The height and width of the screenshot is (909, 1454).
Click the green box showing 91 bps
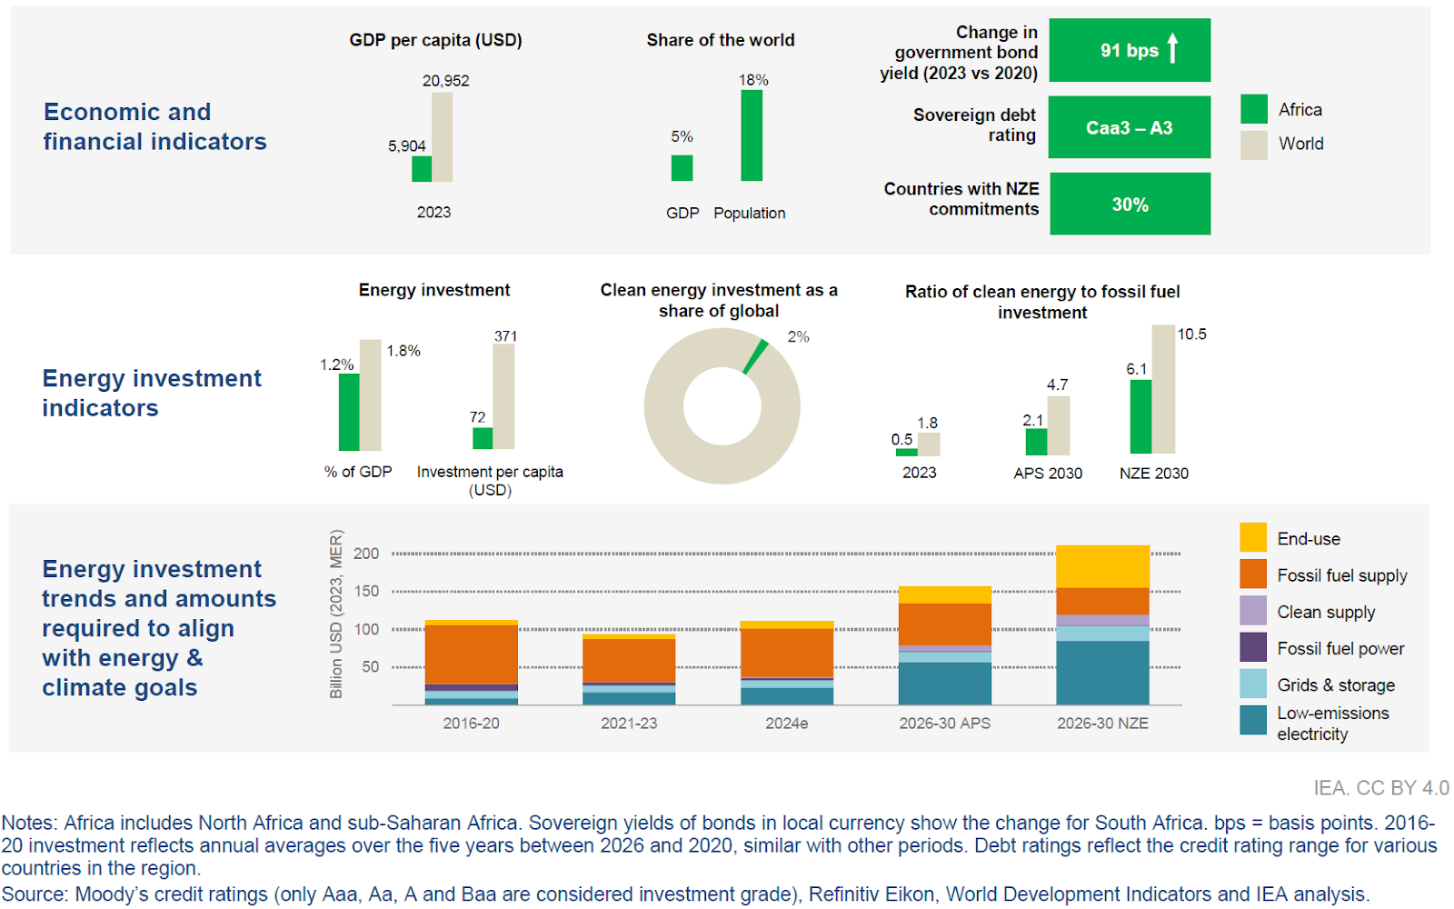1130,50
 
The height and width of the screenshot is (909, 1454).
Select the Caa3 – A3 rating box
1130,127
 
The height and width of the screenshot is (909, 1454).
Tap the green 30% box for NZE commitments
1130,205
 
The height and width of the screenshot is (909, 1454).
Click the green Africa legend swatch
1254,109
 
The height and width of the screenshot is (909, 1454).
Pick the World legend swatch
1254,145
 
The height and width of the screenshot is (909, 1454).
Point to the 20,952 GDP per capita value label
445,81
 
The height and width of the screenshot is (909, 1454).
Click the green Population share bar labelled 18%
752,135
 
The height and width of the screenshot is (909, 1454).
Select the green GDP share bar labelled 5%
682,168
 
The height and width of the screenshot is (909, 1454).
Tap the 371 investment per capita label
505,336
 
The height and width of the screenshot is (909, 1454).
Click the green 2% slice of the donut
755,357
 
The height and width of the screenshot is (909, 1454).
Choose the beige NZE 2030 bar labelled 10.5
1163,389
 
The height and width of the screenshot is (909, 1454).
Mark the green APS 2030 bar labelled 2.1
1036,442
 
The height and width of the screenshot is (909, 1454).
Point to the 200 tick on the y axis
366,554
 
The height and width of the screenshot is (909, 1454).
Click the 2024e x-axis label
787,724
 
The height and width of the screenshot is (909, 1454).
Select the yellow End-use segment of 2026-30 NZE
1102,566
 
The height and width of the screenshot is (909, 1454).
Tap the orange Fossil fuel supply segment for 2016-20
471,654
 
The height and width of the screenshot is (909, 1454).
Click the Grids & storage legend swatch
1253,684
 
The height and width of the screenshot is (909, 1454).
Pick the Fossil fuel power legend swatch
1253,647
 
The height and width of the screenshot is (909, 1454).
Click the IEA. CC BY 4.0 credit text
1380,788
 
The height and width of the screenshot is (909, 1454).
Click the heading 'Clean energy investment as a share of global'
719,300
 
